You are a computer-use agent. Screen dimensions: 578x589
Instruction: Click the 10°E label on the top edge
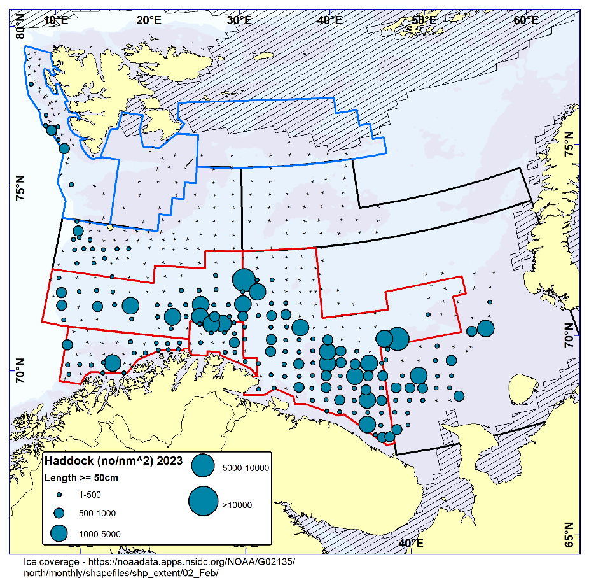coord(56,20)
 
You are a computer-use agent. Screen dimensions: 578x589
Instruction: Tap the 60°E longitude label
coord(526,20)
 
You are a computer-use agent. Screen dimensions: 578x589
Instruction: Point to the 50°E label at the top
coord(424,20)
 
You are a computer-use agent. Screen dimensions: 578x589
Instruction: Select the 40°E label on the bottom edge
coord(412,543)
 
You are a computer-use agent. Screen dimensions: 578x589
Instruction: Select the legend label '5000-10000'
coord(246,468)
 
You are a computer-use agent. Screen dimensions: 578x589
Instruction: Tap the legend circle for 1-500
coord(59,494)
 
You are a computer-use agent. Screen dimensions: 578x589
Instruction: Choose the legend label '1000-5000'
coord(99,533)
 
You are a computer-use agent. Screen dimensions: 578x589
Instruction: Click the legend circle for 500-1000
coord(59,512)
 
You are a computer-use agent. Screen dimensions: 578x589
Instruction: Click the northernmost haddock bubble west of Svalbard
coord(31,83)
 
